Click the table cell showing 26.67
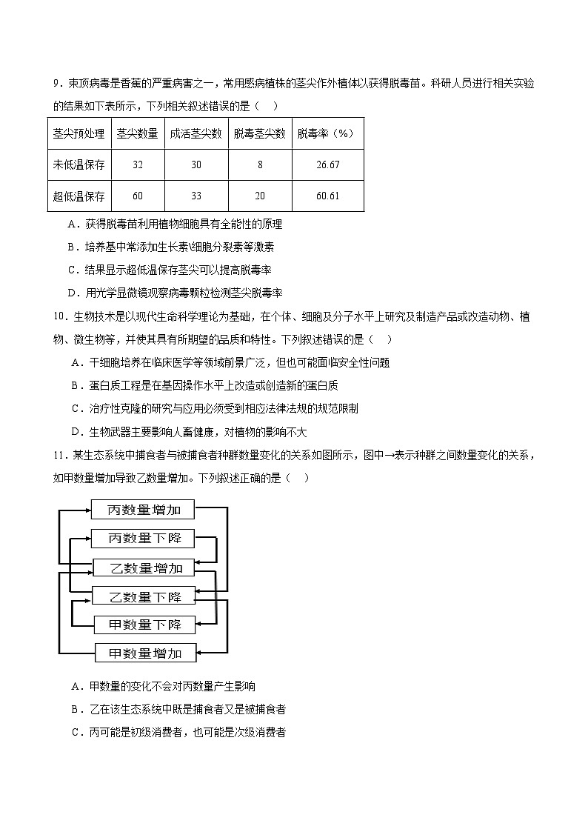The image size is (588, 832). [327, 164]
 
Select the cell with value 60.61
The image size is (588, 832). [327, 196]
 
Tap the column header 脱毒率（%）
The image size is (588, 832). [327, 133]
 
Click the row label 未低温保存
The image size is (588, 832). [79, 164]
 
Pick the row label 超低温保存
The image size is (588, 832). [79, 196]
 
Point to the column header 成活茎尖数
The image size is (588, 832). [196, 133]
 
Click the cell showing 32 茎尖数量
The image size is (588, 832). [137, 164]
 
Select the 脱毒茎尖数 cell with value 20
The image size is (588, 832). [260, 196]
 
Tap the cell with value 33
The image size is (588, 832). [196, 196]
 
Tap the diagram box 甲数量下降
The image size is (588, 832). [145, 625]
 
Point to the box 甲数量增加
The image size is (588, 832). [145, 653]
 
